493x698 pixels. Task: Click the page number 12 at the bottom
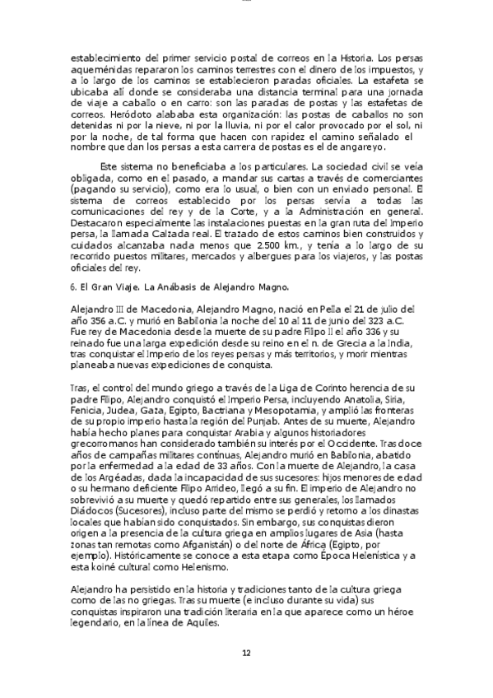click(245, 654)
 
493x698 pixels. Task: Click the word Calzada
click(238, 235)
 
